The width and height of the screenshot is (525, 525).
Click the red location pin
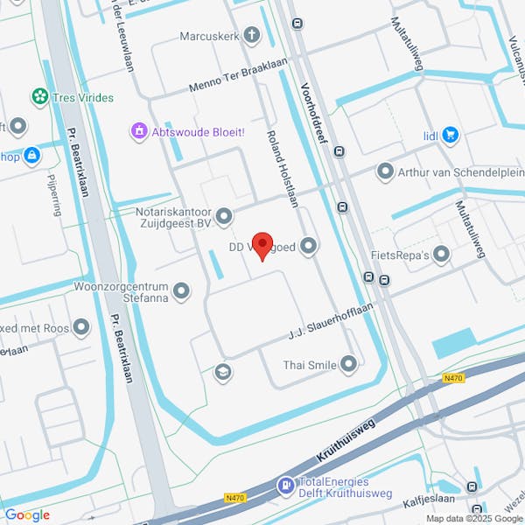[x=262, y=244]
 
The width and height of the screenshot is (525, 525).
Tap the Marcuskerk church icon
[x=252, y=36]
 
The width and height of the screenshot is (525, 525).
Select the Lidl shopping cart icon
[x=451, y=135]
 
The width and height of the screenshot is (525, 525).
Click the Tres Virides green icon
[x=39, y=96]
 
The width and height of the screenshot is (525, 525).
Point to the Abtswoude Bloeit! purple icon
[x=138, y=132]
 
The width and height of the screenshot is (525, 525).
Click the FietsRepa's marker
[x=441, y=255]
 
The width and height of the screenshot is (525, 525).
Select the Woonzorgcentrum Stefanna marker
[x=181, y=290]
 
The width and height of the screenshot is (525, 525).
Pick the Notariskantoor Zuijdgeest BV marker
[x=225, y=215]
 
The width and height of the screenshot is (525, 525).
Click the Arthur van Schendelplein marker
[x=384, y=171]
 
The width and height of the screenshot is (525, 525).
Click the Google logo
[x=26, y=514]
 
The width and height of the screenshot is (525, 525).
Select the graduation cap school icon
[x=223, y=373]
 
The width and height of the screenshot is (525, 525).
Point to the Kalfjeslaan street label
[x=423, y=503]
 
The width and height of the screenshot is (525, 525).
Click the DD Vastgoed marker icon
[x=308, y=248]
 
